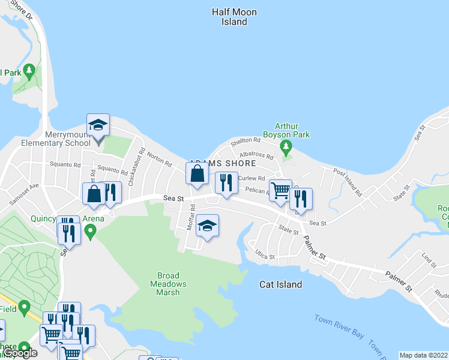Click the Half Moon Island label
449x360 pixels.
pos(234,17)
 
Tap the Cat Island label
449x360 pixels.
pos(280,284)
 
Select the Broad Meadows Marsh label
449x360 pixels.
pos(167,284)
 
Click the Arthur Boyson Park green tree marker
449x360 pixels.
pos(286,146)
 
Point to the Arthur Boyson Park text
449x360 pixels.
pos(292,130)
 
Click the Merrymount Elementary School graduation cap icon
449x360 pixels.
pos(98,125)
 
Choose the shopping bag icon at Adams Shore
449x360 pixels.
pos(197,175)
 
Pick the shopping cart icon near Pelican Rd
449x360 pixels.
pos(280,191)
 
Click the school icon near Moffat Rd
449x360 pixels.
pos(207,226)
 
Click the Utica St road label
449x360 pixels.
pos(265,256)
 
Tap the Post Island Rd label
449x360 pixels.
pos(348,183)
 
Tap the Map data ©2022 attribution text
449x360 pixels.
pos(423,355)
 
